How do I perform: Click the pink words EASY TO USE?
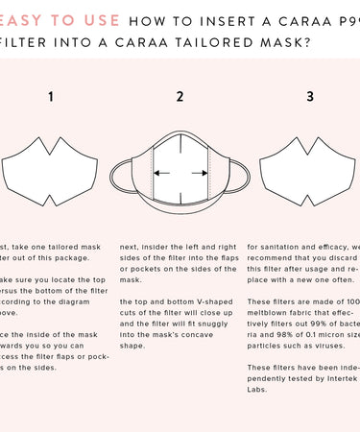(x=60, y=19)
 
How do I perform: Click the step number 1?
(x=50, y=97)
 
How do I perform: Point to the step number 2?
(x=180, y=97)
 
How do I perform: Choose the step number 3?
(x=309, y=97)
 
